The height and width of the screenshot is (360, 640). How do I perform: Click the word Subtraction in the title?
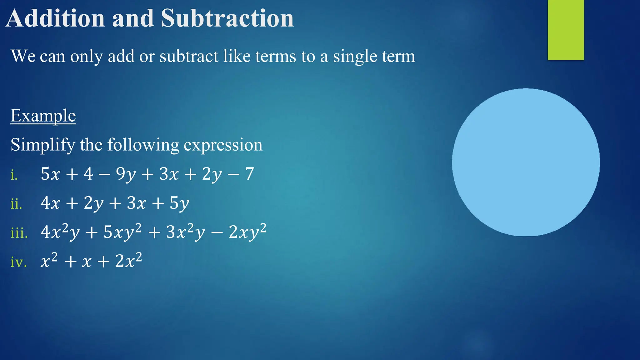pyautogui.click(x=227, y=18)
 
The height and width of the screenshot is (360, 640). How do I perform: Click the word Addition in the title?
pyautogui.click(x=55, y=18)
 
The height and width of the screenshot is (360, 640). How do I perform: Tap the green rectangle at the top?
pyautogui.click(x=566, y=30)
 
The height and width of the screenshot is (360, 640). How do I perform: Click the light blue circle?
pyautogui.click(x=526, y=162)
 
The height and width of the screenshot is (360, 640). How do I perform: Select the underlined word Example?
pyautogui.click(x=43, y=116)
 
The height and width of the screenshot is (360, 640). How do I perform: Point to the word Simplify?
pyautogui.click(x=43, y=145)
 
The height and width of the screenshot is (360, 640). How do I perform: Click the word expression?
pyautogui.click(x=223, y=145)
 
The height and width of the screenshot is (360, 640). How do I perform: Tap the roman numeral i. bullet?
pyautogui.click(x=14, y=175)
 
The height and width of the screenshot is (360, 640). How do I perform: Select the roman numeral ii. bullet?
pyautogui.click(x=16, y=204)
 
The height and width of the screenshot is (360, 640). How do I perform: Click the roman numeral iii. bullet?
pyautogui.click(x=19, y=233)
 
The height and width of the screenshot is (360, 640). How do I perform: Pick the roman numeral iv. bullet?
pyautogui.click(x=18, y=262)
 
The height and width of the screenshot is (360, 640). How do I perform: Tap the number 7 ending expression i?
pyautogui.click(x=249, y=174)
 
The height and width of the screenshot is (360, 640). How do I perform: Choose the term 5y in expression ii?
pyautogui.click(x=179, y=203)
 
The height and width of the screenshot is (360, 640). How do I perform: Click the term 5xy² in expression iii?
pyautogui.click(x=122, y=232)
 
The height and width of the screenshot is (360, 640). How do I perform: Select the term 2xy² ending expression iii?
pyautogui.click(x=247, y=232)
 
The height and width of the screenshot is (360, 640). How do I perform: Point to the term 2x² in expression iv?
pyautogui.click(x=128, y=261)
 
